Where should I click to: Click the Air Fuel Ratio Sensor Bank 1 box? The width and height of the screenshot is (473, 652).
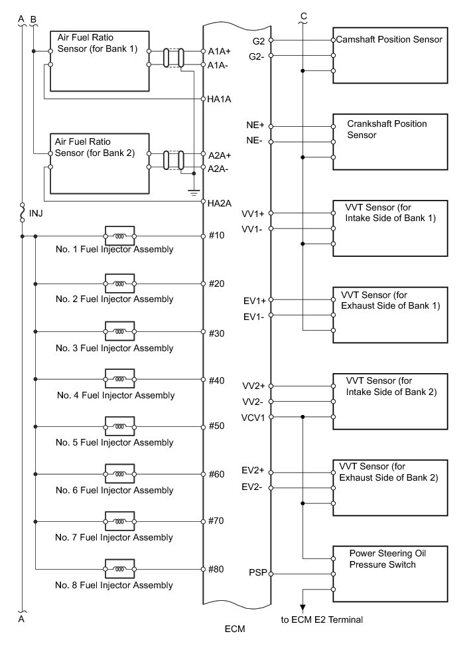click(x=99, y=60)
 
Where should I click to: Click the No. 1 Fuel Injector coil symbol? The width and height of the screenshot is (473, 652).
click(x=119, y=236)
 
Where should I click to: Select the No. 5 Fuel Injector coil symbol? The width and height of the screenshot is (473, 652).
click(x=119, y=426)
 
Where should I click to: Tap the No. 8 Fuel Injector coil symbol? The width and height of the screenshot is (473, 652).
click(x=119, y=569)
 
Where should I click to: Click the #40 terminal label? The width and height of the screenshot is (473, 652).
click(x=216, y=381)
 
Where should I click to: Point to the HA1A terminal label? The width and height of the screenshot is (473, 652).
click(x=219, y=100)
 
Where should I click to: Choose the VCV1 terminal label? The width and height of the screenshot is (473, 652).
click(x=253, y=417)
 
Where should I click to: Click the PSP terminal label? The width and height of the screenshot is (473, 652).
click(x=257, y=572)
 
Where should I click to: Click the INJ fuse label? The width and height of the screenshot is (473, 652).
click(x=37, y=214)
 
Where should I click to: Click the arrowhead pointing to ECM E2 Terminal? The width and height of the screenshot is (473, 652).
click(x=303, y=606)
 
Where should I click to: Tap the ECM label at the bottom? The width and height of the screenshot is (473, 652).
click(x=236, y=627)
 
